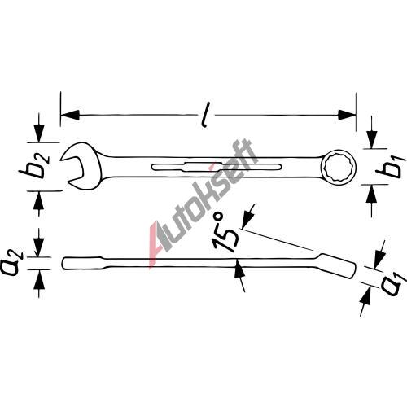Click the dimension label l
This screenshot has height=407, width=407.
click(x=206, y=115)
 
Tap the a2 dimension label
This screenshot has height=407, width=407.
click(x=12, y=263)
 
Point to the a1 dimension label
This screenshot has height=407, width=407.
click(x=393, y=285)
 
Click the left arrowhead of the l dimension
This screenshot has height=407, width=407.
click(x=70, y=115)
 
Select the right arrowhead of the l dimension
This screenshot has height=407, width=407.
click(x=347, y=115)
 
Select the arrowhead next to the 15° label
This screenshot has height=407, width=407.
click(x=247, y=220)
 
